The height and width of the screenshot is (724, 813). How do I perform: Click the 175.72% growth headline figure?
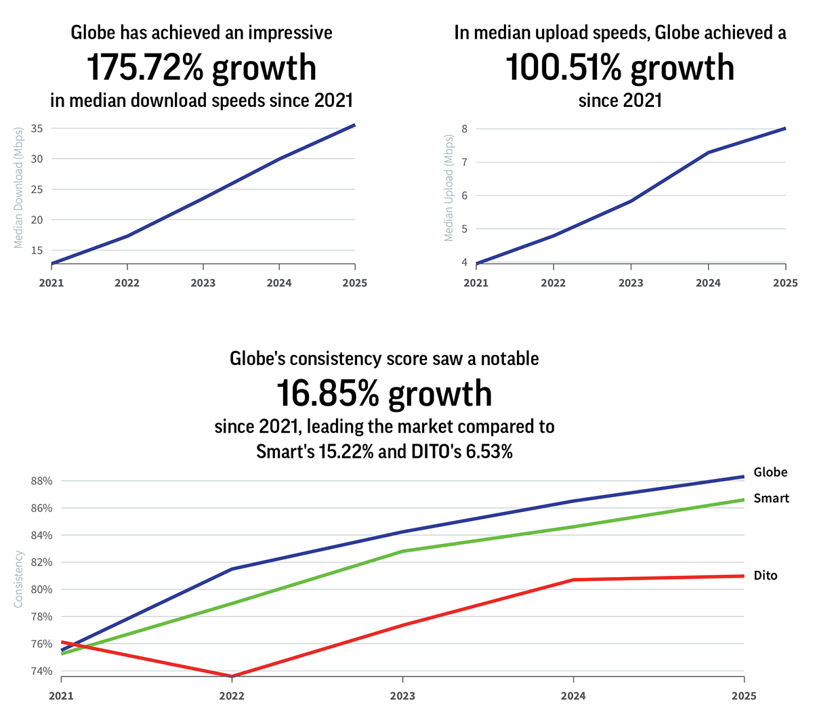click(201, 68)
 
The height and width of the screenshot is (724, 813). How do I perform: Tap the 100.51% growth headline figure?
click(619, 68)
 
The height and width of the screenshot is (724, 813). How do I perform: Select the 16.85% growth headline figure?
click(383, 394)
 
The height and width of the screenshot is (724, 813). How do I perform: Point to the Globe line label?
click(770, 472)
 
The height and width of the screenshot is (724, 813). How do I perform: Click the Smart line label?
click(771, 498)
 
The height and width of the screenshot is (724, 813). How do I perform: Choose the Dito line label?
click(766, 576)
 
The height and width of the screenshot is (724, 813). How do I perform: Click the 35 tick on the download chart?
click(37, 128)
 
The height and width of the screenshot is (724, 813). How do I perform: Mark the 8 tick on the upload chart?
click(465, 129)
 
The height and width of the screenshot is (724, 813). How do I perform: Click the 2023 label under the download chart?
click(203, 282)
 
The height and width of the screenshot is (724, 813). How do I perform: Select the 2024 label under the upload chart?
click(708, 282)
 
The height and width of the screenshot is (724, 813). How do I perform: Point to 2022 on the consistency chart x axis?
click(232, 696)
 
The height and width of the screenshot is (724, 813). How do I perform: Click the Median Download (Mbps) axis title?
click(19, 188)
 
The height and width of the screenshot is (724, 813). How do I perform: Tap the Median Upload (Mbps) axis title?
click(448, 188)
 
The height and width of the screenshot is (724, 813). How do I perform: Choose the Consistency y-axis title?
click(19, 579)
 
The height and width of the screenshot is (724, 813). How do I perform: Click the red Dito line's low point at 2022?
click(232, 676)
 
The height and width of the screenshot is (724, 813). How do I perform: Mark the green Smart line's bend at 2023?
click(403, 551)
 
